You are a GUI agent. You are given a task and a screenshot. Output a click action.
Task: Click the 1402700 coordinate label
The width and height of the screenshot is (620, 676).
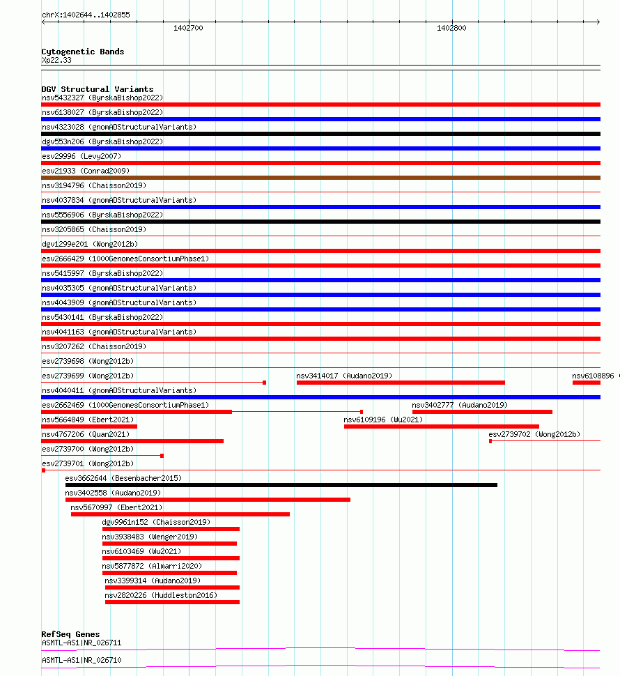tap(188, 29)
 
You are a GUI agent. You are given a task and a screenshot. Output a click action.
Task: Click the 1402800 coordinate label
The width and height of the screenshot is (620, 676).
tap(451, 29)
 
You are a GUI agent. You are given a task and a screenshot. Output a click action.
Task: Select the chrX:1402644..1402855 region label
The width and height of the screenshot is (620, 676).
tap(86, 15)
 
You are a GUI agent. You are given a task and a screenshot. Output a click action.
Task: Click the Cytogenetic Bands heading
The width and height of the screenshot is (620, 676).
tap(82, 52)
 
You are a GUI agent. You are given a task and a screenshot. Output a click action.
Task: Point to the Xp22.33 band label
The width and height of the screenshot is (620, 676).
tap(56, 60)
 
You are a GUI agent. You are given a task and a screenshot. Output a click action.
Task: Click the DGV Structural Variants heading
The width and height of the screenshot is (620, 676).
tap(97, 89)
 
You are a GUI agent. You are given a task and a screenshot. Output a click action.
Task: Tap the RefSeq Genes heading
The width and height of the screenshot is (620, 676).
tap(70, 634)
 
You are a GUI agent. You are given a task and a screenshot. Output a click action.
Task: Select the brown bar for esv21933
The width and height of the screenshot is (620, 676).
tap(320, 178)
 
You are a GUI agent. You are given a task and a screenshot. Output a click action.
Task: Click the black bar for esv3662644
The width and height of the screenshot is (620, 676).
tap(281, 485)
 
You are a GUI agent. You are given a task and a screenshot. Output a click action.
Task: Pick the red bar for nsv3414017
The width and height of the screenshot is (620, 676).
tap(401, 383)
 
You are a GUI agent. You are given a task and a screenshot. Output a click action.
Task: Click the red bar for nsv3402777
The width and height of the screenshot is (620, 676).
tap(482, 412)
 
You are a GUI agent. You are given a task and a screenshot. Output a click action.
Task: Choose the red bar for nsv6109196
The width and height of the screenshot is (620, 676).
tap(441, 427)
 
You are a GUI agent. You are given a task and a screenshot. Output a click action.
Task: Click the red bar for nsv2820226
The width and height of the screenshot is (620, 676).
tap(172, 602)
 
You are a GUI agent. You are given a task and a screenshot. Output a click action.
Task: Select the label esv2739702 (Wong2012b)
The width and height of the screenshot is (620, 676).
tap(534, 434)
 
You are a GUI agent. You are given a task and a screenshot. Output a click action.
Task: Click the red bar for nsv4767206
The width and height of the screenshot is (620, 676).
tap(132, 441)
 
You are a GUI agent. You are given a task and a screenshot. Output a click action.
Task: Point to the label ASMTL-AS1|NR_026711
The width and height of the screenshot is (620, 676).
tap(82, 643)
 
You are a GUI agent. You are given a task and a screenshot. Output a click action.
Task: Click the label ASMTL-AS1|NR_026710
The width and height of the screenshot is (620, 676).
tap(82, 659)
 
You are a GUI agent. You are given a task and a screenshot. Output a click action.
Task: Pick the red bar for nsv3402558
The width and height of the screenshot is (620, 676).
tap(208, 500)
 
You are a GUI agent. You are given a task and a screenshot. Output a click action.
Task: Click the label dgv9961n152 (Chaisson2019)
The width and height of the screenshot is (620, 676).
tap(156, 522)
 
